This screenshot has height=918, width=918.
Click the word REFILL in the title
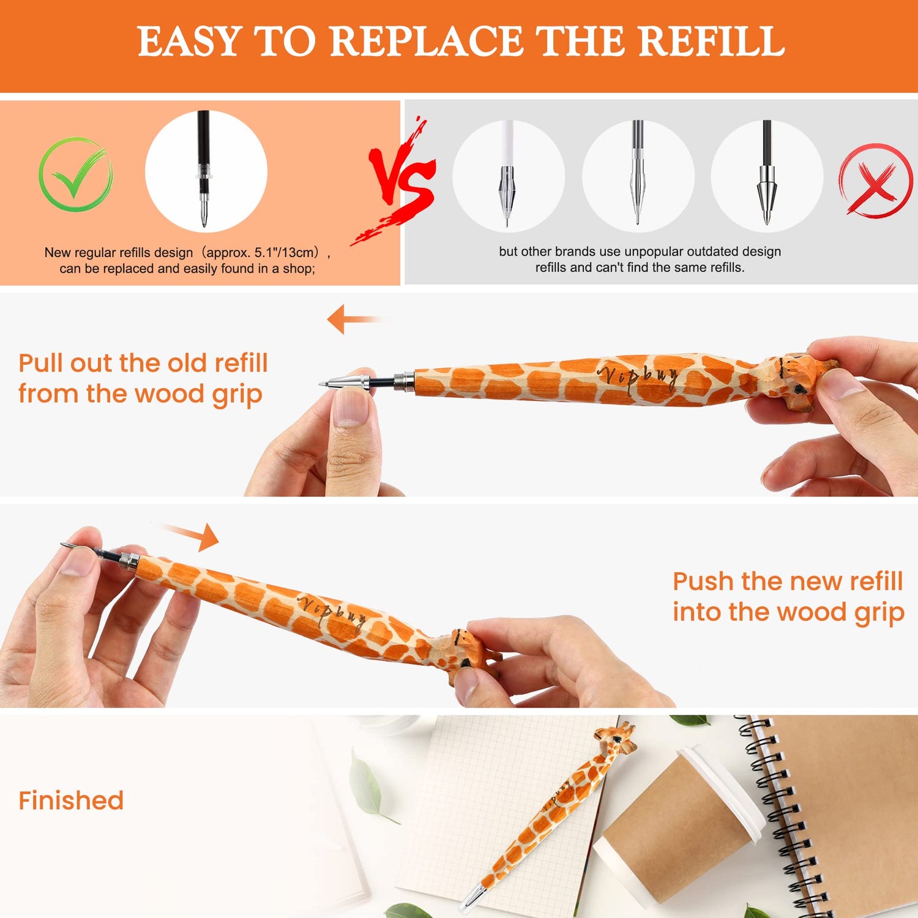(x=714, y=42)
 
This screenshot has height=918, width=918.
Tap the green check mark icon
(x=75, y=174)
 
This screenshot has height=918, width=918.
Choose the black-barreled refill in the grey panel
(x=766, y=174)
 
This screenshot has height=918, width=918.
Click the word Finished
(x=71, y=800)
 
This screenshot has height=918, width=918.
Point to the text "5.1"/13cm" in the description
(x=286, y=252)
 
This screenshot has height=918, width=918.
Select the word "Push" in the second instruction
(x=703, y=581)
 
